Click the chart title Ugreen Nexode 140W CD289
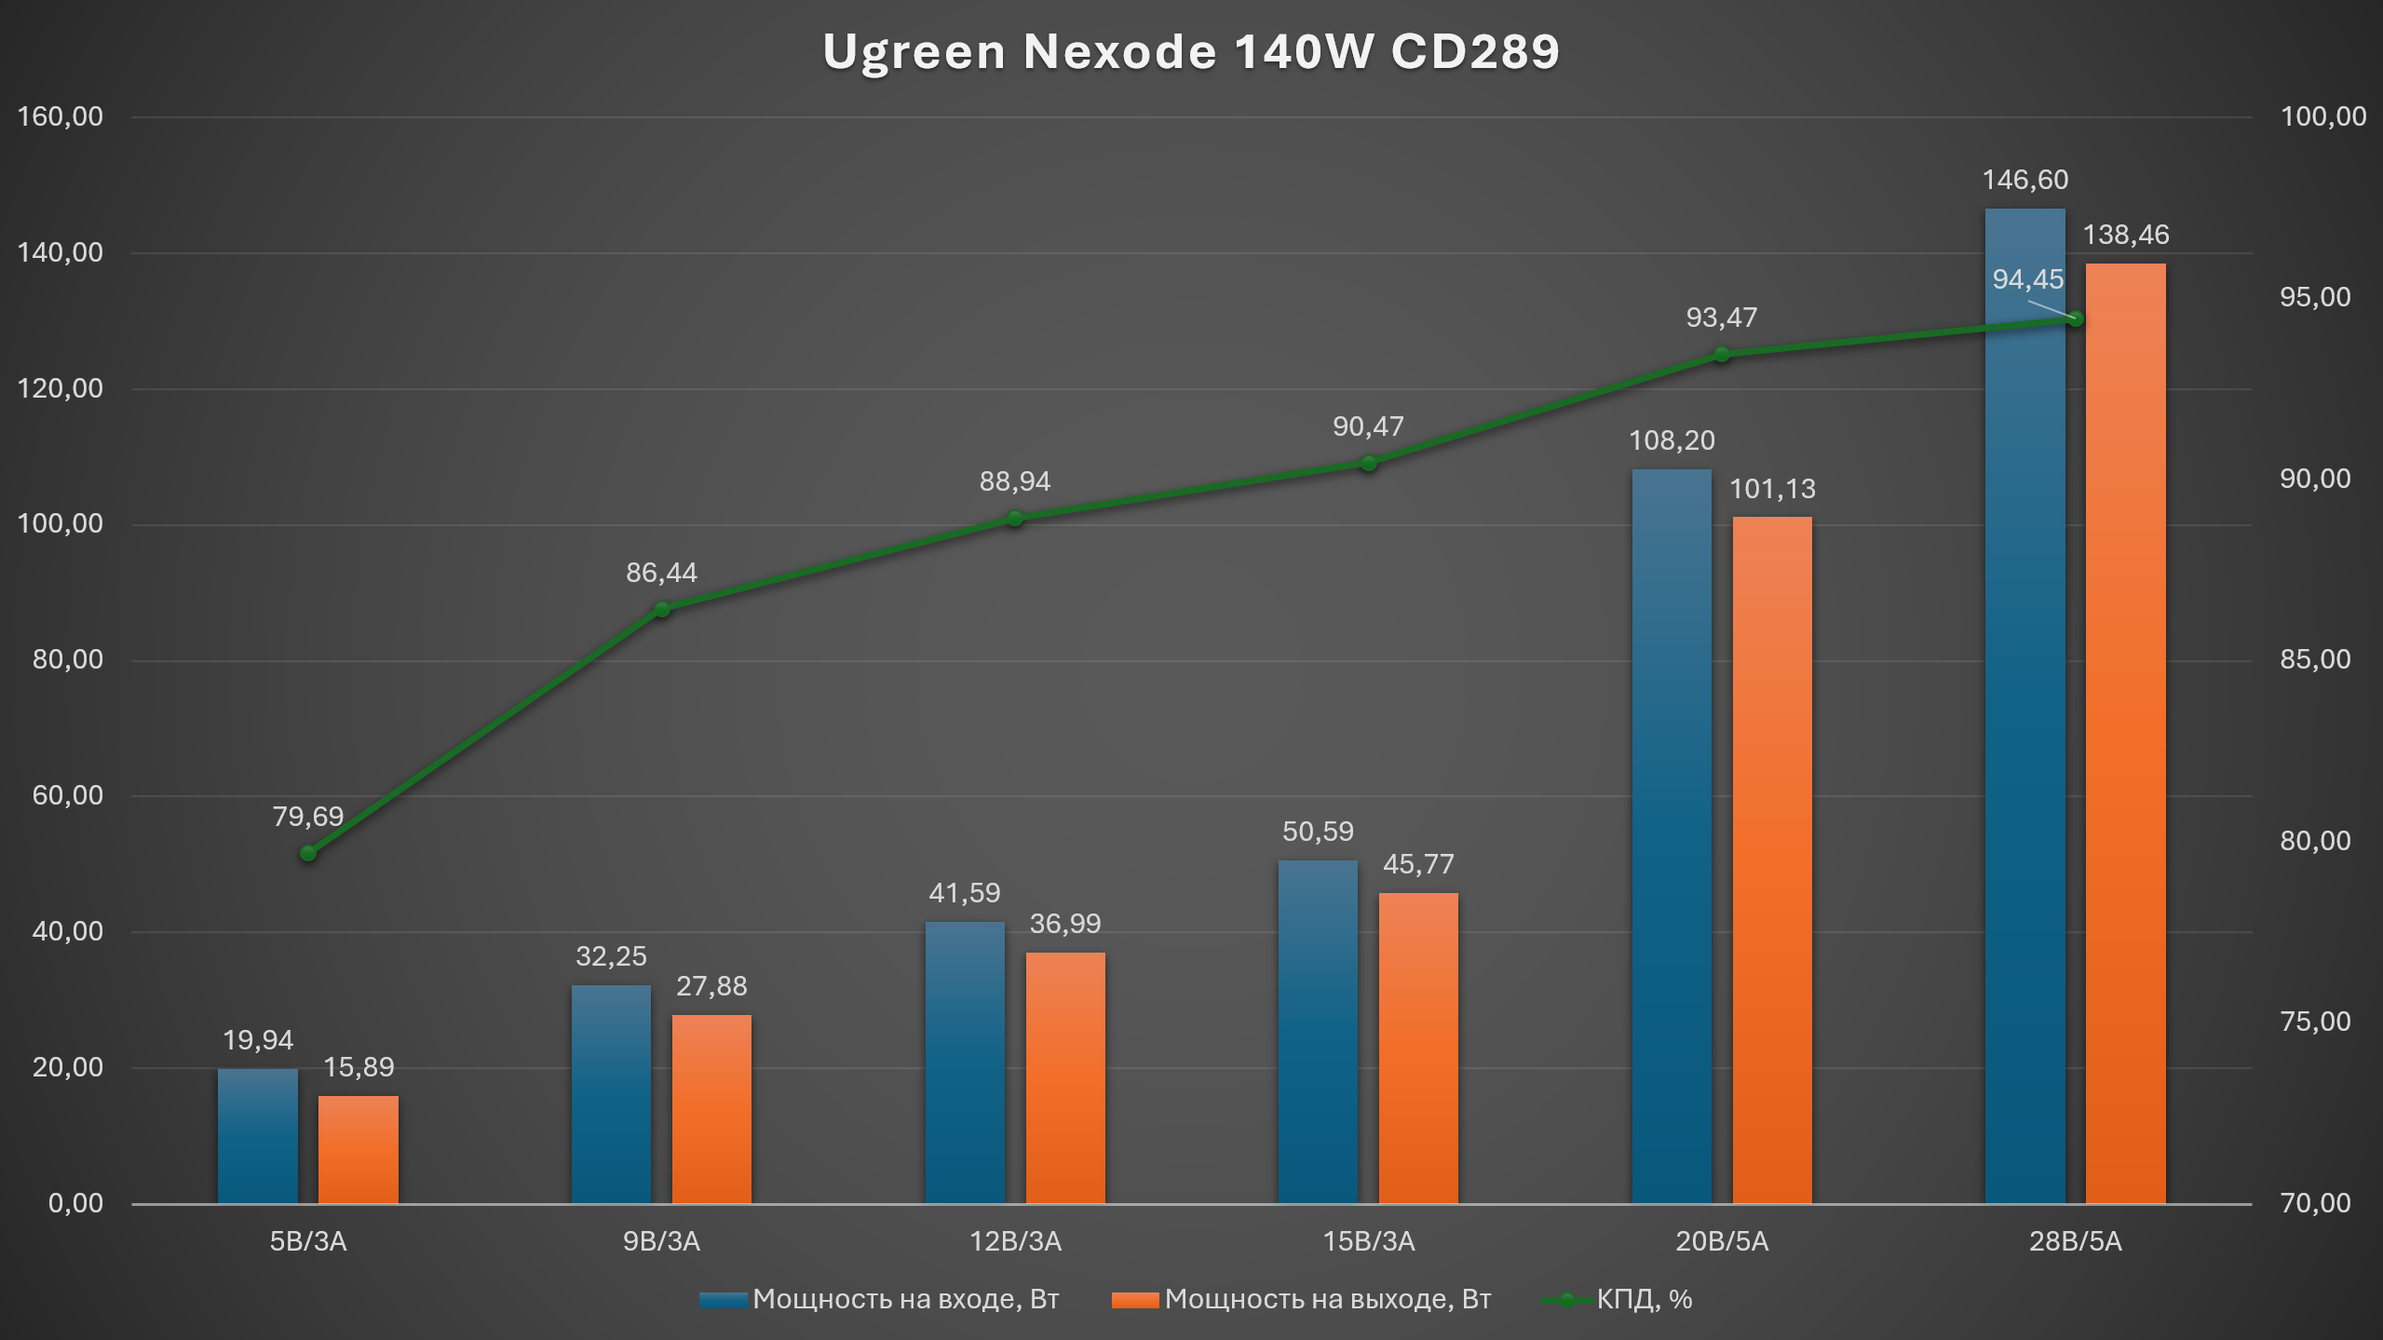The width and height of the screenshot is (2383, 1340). point(1191,51)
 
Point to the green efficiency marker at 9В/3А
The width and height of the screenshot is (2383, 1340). point(661,610)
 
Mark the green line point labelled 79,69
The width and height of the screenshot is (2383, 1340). point(308,853)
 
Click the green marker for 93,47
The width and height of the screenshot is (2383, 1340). point(1722,355)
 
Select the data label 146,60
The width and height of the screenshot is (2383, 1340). point(2024,180)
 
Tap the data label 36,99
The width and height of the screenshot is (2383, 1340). point(1064,924)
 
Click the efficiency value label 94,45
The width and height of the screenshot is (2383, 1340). point(2027,279)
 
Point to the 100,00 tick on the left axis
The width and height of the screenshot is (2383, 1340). point(61,523)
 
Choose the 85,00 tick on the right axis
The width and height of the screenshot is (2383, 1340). point(2315,659)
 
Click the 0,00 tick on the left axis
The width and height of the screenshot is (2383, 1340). point(75,1203)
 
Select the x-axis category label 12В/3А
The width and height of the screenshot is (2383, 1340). point(1015,1241)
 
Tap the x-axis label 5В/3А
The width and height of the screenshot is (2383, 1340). point(308,1241)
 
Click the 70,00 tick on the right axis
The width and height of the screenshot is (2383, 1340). point(2315,1203)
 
